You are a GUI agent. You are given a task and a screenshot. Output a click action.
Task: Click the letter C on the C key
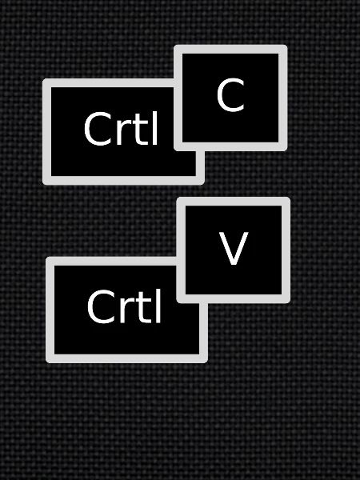(x=230, y=94)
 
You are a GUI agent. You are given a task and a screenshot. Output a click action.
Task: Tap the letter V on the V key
(x=234, y=248)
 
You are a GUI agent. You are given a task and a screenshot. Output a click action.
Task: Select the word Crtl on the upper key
(x=121, y=128)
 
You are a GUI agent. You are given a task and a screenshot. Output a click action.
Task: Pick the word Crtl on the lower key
(x=124, y=306)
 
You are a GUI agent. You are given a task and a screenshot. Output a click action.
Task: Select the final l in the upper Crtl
(x=155, y=128)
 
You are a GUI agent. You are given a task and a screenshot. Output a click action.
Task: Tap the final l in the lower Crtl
(x=158, y=306)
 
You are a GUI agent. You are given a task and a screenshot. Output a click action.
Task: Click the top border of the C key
(x=230, y=49)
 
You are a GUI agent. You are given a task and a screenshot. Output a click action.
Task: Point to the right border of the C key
(x=283, y=98)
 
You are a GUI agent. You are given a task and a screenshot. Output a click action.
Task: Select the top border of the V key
(x=234, y=202)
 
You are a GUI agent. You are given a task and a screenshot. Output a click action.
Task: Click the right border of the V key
(x=286, y=250)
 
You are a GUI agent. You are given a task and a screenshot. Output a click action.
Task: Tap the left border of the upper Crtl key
(x=47, y=132)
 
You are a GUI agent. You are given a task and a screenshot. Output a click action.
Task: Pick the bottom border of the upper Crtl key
(x=123, y=181)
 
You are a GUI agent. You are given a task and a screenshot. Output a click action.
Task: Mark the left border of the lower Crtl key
(x=50, y=310)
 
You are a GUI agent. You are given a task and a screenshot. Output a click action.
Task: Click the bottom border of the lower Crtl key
(x=126, y=358)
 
